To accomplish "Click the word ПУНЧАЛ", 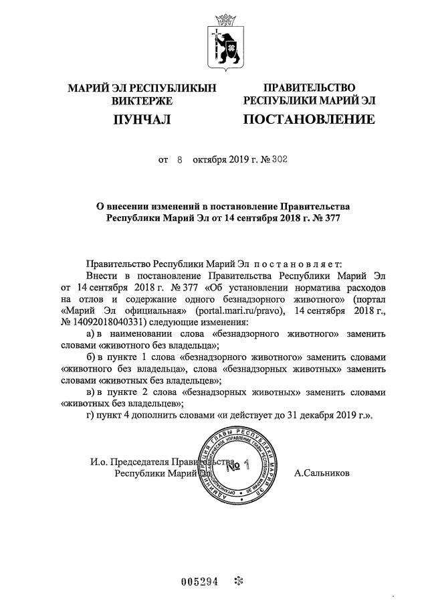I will click(141, 120).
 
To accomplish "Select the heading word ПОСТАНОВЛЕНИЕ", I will click(308, 120).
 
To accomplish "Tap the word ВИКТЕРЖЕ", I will click(141, 101).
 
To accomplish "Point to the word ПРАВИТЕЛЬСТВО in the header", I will click(309, 88).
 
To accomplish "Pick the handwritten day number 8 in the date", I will click(180, 161).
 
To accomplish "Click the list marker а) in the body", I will click(94, 333).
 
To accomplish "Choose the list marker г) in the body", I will click(93, 416).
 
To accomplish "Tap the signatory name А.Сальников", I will click(322, 473).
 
